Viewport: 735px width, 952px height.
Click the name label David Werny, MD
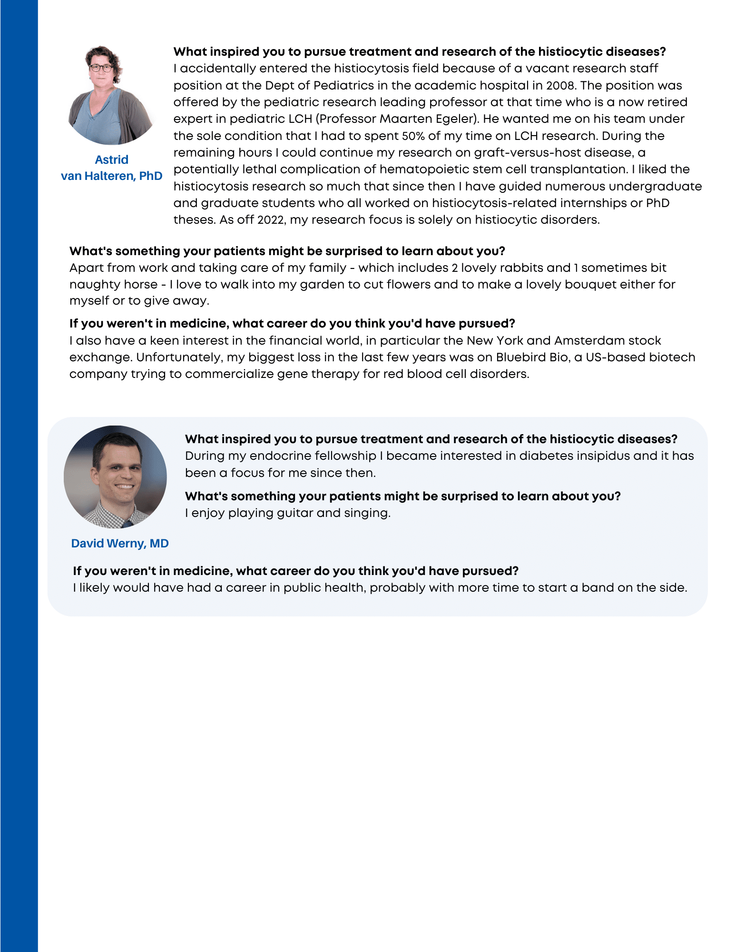coord(119,543)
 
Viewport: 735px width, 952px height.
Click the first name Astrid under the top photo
coord(111,159)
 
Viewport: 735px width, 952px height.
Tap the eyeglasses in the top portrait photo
coord(101,68)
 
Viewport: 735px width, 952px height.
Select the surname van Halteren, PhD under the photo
coord(111,176)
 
